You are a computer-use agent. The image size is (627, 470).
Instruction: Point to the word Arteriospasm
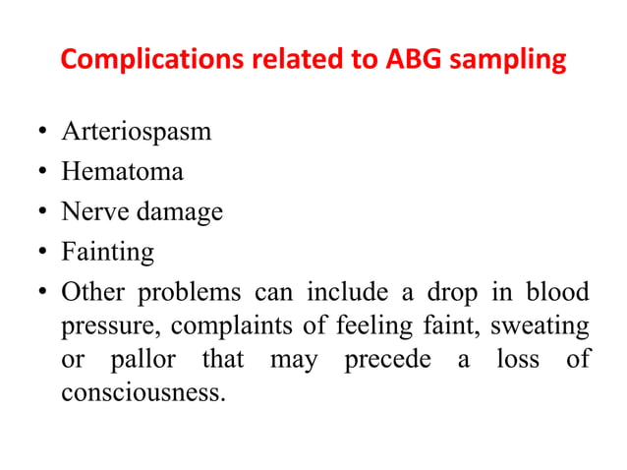(136, 132)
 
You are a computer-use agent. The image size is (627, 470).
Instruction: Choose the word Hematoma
(122, 172)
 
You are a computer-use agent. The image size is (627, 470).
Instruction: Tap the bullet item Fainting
(107, 253)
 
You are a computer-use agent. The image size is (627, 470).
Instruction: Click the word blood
(557, 293)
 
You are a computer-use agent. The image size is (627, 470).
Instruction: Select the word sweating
(543, 326)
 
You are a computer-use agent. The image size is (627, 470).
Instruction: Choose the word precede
(387, 360)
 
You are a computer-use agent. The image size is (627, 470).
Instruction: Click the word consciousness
(142, 393)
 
